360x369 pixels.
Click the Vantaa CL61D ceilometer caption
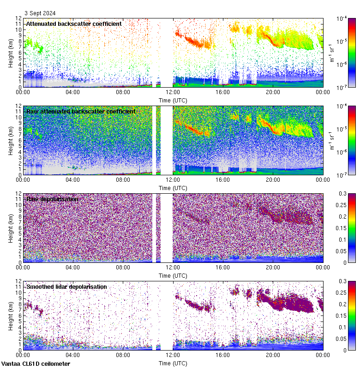coord(36,364)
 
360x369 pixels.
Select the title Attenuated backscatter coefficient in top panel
coord(74,24)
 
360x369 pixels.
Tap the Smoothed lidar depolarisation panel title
coord(66,286)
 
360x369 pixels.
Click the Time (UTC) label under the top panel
coord(173,100)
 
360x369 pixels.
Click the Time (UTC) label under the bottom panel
coord(173,363)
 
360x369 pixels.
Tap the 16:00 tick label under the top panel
coord(223,92)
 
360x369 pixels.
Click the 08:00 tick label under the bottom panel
coord(123,356)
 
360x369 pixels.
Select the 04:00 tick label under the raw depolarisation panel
coord(73,268)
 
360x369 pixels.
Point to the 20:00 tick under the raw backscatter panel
coord(273,180)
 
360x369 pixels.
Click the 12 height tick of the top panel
coord(18,18)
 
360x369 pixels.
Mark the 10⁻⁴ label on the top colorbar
coord(342,18)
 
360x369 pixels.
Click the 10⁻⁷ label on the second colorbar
coord(342,175)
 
